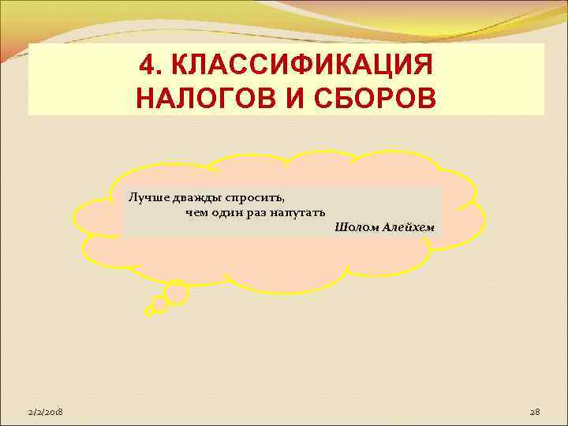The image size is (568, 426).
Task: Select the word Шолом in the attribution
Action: click(353, 227)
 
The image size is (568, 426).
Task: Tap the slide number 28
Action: click(534, 413)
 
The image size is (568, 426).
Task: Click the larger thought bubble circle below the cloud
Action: click(175, 293)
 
